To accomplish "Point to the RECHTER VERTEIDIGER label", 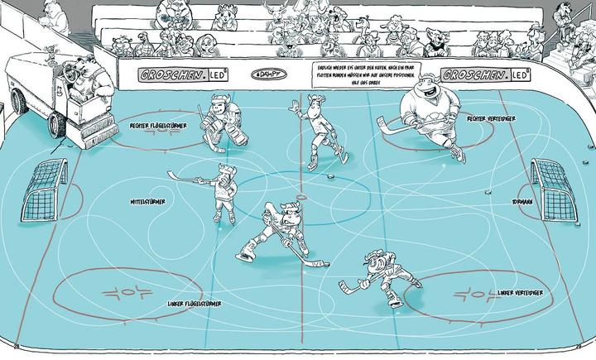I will [492, 118].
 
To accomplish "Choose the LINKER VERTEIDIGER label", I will [521, 293].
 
